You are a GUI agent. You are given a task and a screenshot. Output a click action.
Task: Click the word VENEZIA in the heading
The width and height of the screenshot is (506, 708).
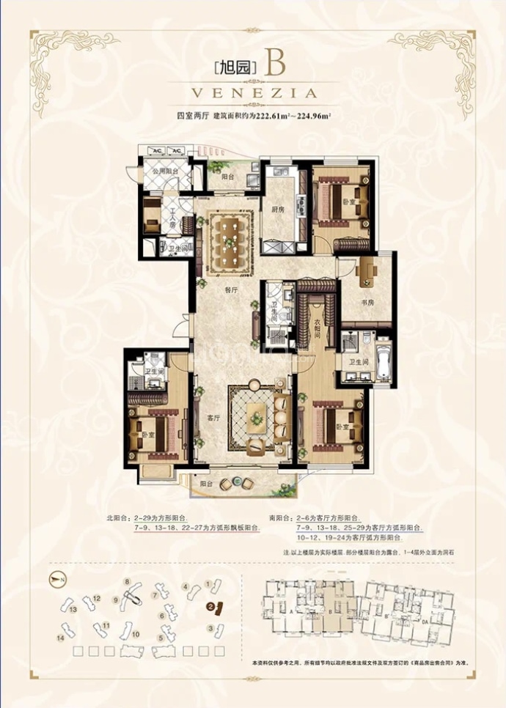(253, 94)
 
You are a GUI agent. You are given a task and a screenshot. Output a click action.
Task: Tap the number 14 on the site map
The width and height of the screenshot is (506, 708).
(61, 638)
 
